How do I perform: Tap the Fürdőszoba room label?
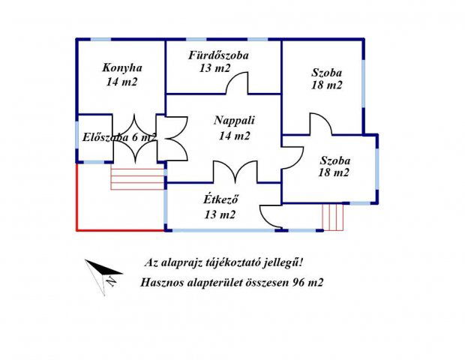pyautogui.click(x=219, y=55)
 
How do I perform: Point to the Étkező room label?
pyautogui.click(x=220, y=199)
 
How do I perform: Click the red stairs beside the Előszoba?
pyautogui.click(x=137, y=178)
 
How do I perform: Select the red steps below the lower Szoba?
pyautogui.click(x=333, y=217)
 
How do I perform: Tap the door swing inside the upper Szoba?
pyautogui.click(x=320, y=124)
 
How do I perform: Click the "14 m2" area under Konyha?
pyautogui.click(x=121, y=82)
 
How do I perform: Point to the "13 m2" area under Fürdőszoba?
pyautogui.click(x=215, y=69)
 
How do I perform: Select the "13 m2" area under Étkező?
pyautogui.click(x=220, y=214)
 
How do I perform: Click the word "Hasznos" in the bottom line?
pyautogui.click(x=163, y=283)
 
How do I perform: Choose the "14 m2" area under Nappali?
pyautogui.click(x=234, y=136)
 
